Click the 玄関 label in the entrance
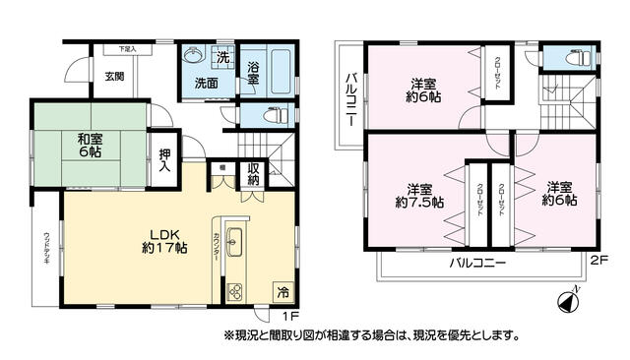[x=114, y=77]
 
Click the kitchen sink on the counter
[x=236, y=239]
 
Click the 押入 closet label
[x=165, y=160]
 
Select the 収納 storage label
[x=253, y=173]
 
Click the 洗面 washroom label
[x=205, y=84]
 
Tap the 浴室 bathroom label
[x=253, y=75]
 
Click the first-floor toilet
[x=264, y=115]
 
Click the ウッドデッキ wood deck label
[x=46, y=250]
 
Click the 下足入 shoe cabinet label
[x=128, y=47]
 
